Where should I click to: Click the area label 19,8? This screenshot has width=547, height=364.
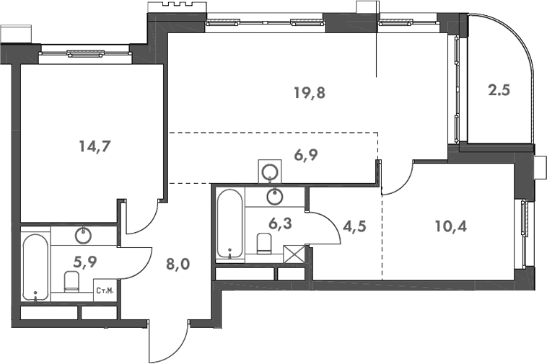click(x=309, y=92)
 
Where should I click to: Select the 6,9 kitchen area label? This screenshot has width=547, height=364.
click(x=305, y=155)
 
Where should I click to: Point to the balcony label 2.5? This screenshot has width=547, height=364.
click(x=499, y=92)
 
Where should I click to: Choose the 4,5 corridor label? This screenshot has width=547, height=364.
click(x=354, y=226)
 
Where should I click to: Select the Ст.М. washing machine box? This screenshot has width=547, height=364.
click(x=105, y=290)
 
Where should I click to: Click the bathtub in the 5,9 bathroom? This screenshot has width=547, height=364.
click(x=35, y=267)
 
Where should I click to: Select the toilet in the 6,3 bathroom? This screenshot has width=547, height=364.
click(x=264, y=244)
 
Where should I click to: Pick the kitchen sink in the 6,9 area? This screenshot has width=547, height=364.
click(x=271, y=172)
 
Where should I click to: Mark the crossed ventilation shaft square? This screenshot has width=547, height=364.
click(x=295, y=254)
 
